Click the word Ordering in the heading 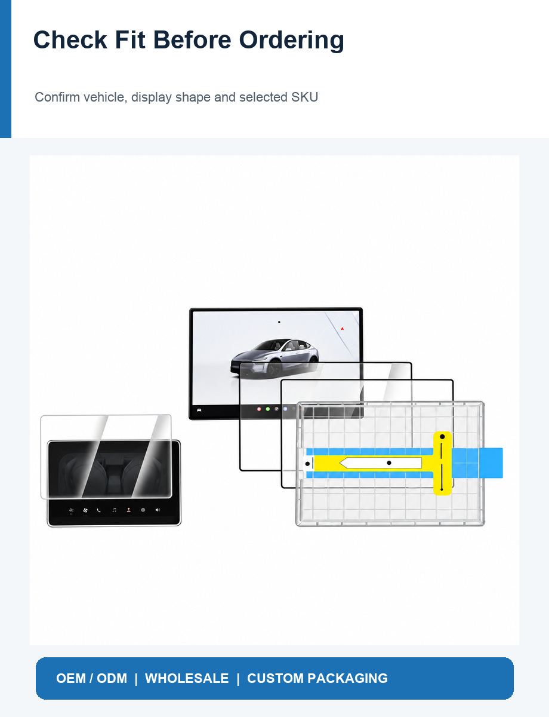point(291,41)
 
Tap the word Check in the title point(70,40)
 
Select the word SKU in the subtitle point(304,97)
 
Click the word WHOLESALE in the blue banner point(187,678)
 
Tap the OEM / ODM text point(92,678)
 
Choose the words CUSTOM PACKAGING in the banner point(317,678)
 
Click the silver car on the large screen point(274,357)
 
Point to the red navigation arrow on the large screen point(342,329)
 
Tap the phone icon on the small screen point(99,510)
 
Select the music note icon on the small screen point(114,510)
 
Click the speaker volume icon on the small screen point(158,510)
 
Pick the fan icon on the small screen point(85,510)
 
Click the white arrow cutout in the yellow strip point(381,462)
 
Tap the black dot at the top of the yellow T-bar point(442,437)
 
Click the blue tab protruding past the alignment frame point(491,463)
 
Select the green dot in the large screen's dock point(267,409)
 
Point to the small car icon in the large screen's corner point(199,410)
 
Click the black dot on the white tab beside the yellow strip point(307,464)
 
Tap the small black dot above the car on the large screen point(279,322)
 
